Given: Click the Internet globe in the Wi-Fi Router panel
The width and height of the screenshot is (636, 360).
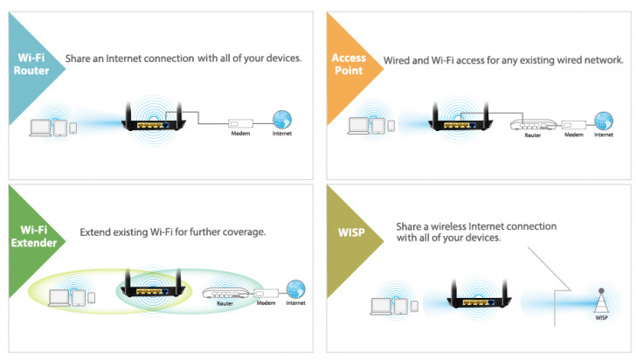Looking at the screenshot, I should coord(281,121).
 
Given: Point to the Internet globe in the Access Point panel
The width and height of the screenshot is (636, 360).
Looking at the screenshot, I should coord(603,121).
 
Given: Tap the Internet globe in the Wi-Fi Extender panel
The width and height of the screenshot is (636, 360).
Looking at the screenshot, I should coord(295,289).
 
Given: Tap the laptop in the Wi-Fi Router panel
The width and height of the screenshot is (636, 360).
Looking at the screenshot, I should coord(40,128).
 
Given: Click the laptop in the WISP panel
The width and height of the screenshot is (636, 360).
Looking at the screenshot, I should coord(382,306).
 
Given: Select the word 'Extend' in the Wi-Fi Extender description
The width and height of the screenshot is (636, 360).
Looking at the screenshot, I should coord(97,233).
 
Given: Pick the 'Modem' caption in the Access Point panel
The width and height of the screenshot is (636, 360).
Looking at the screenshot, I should coord(573,135).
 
